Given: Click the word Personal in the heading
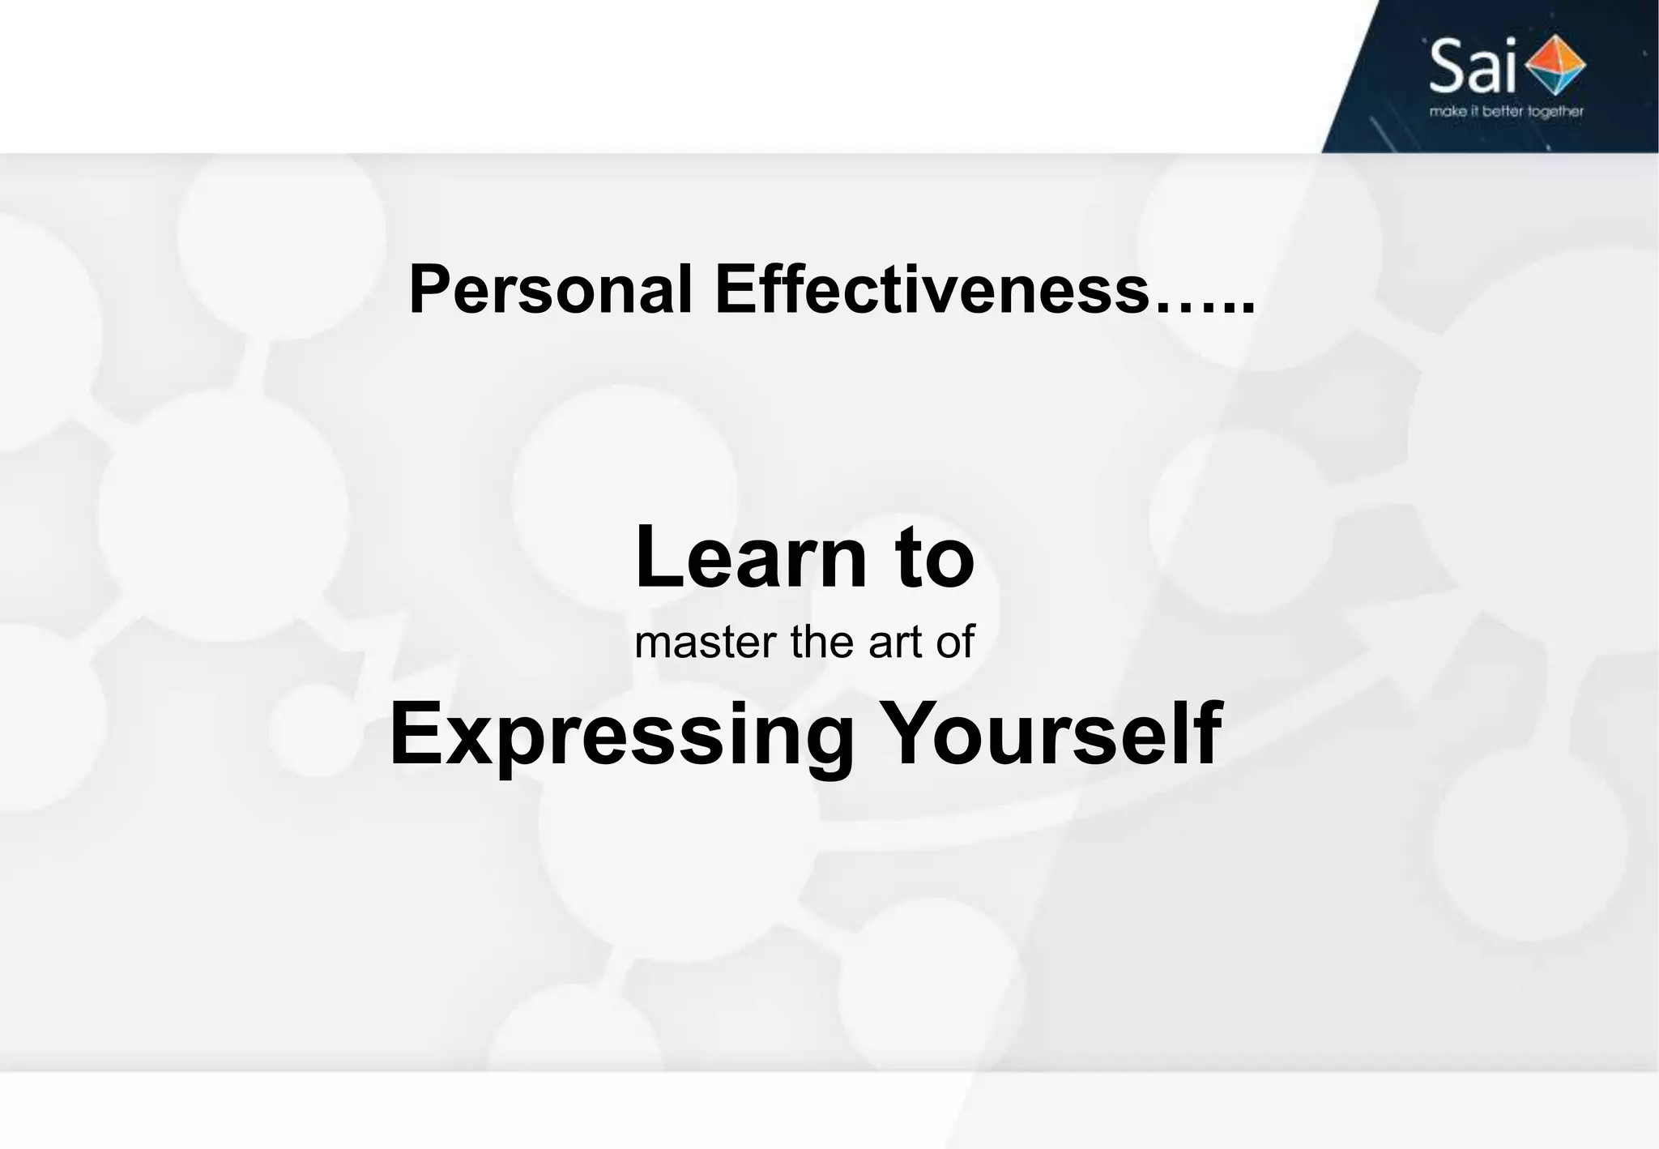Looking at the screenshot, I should pos(551,290).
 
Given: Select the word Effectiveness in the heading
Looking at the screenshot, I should pos(932,290).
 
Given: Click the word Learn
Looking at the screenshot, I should pos(750,557).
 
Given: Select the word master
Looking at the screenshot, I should pos(705,643).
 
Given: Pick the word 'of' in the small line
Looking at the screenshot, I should pos(955,643).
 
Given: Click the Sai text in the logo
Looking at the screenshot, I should pos(1472,67).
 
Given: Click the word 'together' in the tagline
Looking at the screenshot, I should pos(1555,112).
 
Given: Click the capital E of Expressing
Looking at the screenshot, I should pos(415,733).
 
